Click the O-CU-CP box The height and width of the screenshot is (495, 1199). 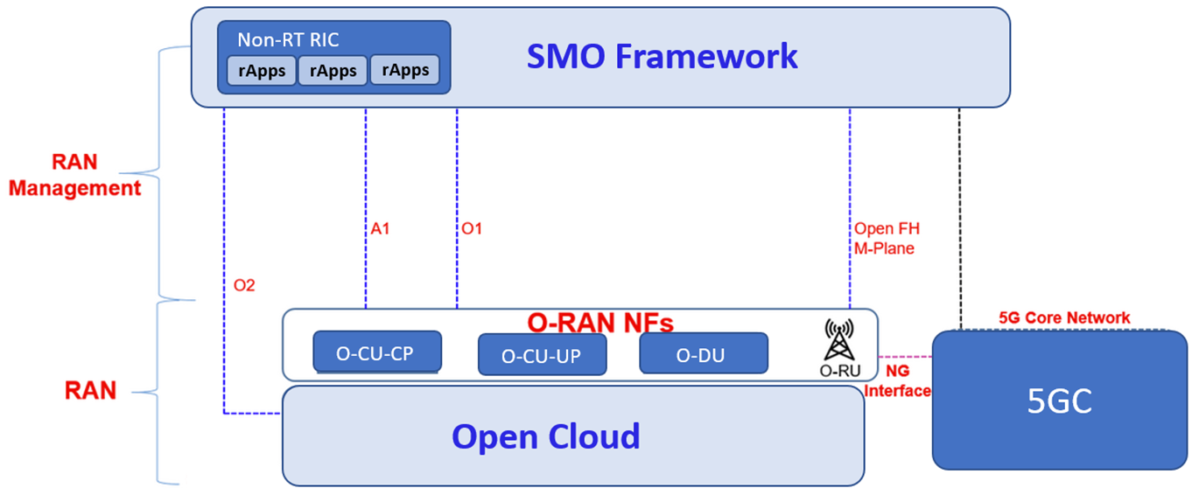pos(377,352)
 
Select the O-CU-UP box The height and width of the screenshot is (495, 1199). pos(543,354)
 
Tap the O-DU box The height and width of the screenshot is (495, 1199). pos(704,353)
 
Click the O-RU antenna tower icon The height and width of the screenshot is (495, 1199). pos(838,340)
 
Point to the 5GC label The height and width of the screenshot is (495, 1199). pos(1059,401)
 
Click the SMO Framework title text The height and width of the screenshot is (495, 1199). pos(663,56)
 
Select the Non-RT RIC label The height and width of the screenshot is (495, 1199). pos(288,39)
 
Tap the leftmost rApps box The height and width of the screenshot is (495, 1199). pos(262,71)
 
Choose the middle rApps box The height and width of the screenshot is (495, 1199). pos(333,71)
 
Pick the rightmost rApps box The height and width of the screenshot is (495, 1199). pos(405,70)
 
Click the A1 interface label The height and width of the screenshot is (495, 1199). pos(380,229)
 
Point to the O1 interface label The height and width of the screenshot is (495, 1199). pos(472,229)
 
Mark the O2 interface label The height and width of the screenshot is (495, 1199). pos(244,285)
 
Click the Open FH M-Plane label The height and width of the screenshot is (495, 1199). pos(887,238)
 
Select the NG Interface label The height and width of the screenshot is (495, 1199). pos(898,381)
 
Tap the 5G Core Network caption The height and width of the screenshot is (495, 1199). pos(1064,317)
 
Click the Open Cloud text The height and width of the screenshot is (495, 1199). pos(546,437)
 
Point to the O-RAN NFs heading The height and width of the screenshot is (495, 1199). pos(600,323)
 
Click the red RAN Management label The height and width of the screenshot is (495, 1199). pos(74,175)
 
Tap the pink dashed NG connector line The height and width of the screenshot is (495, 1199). pos(905,357)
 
